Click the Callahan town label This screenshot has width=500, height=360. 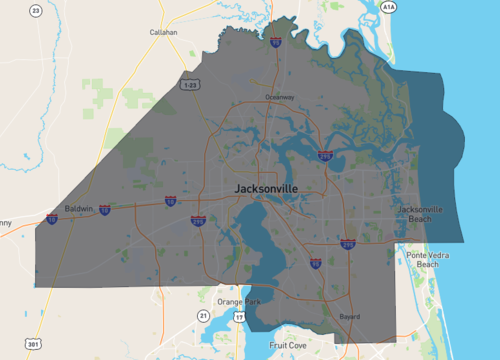point(163,32)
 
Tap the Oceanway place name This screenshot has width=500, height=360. point(280,97)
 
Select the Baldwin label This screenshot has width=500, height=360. point(79,209)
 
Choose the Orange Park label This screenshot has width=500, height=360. point(237,301)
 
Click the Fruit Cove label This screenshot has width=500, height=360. point(288,345)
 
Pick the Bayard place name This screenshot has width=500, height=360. point(349,316)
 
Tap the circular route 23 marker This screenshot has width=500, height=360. point(36,11)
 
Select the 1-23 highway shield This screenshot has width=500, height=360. point(190,85)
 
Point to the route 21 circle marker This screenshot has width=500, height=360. point(203,315)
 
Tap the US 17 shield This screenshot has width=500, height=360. point(239,317)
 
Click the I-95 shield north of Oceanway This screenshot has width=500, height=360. point(275,43)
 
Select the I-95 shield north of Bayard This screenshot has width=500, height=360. point(316,263)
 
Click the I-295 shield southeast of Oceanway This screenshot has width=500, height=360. point(324,155)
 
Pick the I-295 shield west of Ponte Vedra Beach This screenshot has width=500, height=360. point(347,243)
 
